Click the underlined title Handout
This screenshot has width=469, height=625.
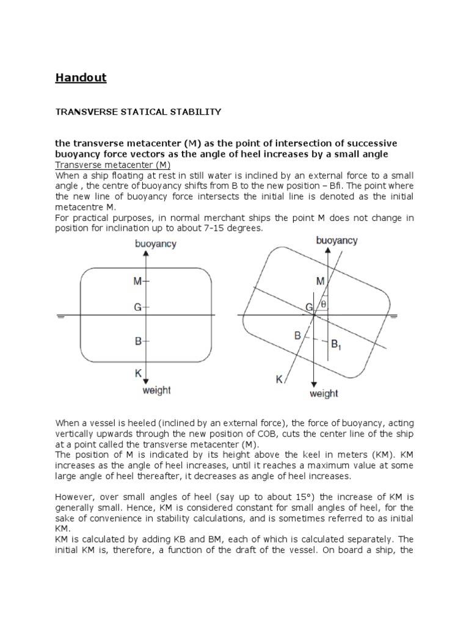tap(81, 78)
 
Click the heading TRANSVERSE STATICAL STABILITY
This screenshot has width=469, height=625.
tap(138, 112)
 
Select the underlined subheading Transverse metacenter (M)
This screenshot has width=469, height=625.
tap(113, 165)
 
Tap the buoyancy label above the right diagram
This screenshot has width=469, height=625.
tap(337, 240)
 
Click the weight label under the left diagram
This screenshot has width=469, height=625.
tap(156, 390)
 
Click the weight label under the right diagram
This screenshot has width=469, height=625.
tap(324, 394)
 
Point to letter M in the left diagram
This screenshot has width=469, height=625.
tap(137, 281)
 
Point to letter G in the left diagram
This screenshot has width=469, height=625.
tap(138, 308)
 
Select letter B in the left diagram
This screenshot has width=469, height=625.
tap(138, 342)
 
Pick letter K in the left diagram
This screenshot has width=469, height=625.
tap(138, 372)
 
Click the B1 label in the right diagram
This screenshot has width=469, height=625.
tap(336, 345)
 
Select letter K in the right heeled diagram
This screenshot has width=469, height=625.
tap(279, 380)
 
